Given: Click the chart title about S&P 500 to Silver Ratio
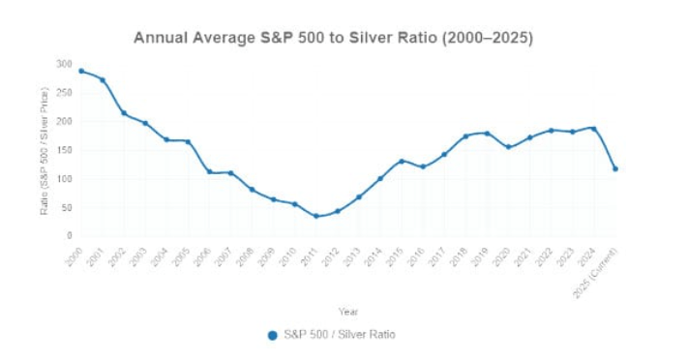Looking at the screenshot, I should point(333,38).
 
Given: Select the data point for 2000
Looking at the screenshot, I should point(81,71).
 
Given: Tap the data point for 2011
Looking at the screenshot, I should point(316,216).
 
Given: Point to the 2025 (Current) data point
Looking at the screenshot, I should point(615,168).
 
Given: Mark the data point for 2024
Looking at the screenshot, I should point(593,128).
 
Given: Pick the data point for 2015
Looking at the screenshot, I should point(402,161).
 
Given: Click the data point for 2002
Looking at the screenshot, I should point(124,113).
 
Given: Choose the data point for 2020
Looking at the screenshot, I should point(508,147).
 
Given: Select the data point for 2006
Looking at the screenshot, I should point(209,172).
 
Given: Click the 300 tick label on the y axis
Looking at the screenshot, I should point(64,64).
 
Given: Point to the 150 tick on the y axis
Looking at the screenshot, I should point(64,150).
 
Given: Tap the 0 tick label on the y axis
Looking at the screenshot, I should point(69,235).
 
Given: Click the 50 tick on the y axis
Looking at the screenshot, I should point(66,207).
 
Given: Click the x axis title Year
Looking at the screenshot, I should point(348,311).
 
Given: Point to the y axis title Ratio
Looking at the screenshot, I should point(45,150).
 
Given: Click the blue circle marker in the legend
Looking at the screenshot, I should point(272,335).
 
